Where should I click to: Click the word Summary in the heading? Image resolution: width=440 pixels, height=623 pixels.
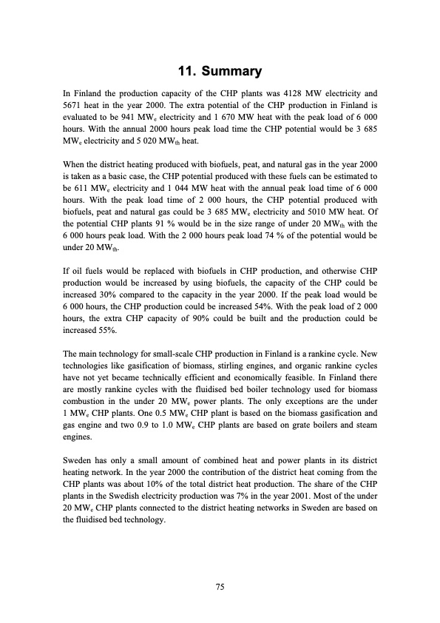pos(235,73)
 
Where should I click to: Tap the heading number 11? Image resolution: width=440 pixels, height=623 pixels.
pos(186,73)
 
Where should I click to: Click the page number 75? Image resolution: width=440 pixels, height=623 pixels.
pos(220,587)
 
